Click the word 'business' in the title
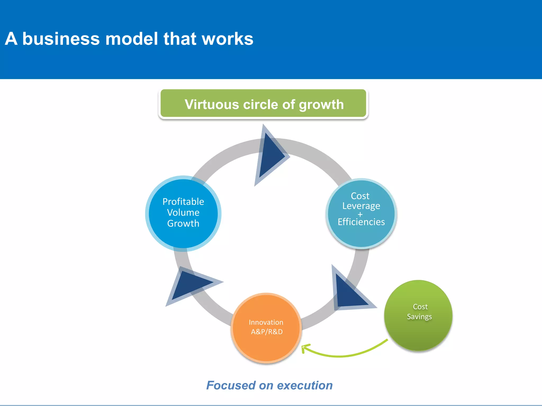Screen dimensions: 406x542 61,39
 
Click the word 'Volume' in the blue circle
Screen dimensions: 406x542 183,213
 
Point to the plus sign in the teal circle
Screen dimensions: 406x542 360,214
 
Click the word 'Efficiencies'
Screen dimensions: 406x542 361,222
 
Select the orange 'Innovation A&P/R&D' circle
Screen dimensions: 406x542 267,346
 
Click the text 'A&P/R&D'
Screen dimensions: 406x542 267,332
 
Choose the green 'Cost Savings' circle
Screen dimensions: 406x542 418,333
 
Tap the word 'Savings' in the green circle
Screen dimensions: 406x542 419,317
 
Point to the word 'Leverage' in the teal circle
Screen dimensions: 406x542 361,206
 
